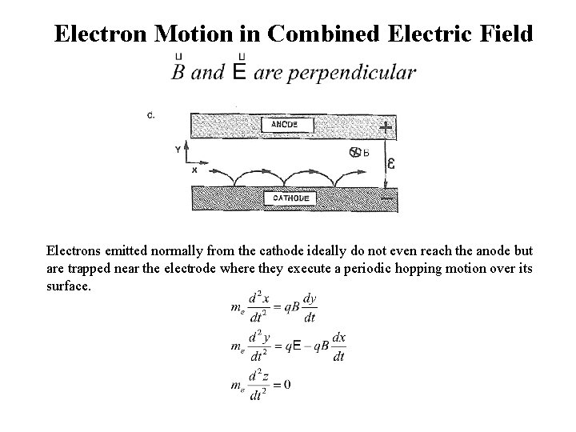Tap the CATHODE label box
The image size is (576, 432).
coord(293,197)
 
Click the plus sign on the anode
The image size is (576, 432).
coord(386,127)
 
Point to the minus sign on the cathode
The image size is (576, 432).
coord(386,197)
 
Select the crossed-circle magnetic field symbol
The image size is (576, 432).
coord(354,152)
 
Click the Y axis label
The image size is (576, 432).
coord(177,149)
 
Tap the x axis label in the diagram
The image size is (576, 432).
coord(194,170)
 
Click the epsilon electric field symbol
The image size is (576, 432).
coord(391,164)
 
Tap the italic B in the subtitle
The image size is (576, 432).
coord(179,72)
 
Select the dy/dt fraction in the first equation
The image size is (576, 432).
coord(309,308)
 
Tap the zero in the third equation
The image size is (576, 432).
coord(286,385)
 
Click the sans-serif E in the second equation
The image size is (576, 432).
coord(298,346)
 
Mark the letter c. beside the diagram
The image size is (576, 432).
coord(151,114)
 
